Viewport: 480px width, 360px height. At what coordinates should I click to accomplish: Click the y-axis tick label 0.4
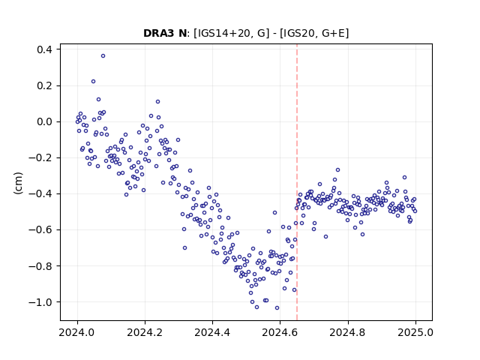(x=44, y=49)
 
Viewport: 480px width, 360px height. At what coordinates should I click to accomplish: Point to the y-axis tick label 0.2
(x=44, y=85)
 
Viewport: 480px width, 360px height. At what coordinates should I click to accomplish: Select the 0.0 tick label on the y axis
(x=44, y=121)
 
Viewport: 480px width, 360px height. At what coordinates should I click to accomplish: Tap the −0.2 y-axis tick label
(x=40, y=158)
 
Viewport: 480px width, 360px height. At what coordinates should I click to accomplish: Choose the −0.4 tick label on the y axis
(x=40, y=193)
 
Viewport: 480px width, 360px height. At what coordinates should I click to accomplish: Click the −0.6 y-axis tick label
(x=40, y=230)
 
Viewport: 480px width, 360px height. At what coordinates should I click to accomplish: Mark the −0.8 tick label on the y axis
(x=40, y=266)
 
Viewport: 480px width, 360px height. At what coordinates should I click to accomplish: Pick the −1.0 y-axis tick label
(x=40, y=302)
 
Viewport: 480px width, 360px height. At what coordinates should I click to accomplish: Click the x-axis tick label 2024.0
(x=77, y=332)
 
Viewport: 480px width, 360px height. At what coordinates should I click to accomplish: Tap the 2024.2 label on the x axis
(x=145, y=332)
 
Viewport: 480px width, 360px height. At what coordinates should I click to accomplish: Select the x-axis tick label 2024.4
(x=212, y=332)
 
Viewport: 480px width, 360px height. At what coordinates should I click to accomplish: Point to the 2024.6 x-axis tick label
(x=280, y=332)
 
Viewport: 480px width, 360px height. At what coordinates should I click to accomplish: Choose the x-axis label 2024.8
(x=348, y=332)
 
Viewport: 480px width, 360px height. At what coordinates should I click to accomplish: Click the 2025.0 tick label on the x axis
(x=415, y=332)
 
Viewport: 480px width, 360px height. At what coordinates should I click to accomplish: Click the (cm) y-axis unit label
(x=18, y=183)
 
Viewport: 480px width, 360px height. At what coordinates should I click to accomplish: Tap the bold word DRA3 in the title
(x=158, y=33)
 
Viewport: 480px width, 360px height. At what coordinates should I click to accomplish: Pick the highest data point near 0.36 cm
(x=103, y=56)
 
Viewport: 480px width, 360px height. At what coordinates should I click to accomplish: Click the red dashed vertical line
(x=297, y=182)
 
